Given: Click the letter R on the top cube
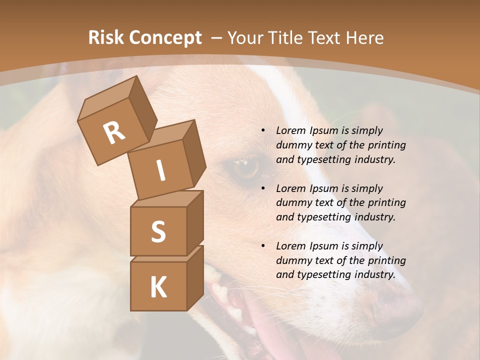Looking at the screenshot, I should click(x=114, y=132).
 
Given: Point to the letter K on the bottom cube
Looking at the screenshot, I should click(x=158, y=287).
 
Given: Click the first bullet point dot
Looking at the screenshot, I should click(x=263, y=130).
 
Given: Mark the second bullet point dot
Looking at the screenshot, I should click(x=263, y=188).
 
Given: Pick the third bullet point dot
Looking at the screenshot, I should click(x=263, y=246).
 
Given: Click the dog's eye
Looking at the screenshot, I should click(x=245, y=168).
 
